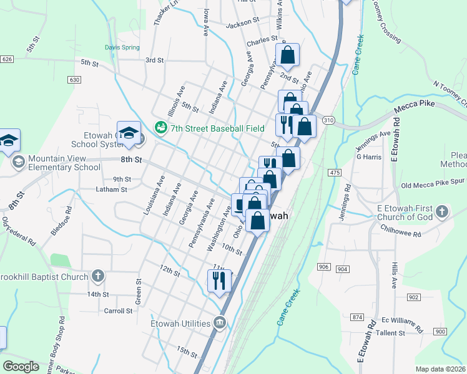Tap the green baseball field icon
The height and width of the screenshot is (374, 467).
tap(161, 128)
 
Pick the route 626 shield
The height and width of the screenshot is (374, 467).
tap(7, 59)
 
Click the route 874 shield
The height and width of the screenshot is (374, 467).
tap(357, 317)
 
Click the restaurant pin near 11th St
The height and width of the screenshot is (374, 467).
tap(219, 280)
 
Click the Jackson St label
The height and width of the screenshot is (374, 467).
tap(242, 22)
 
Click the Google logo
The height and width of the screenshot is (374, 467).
tap(21, 367)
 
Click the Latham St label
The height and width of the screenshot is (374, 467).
tap(112, 189)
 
